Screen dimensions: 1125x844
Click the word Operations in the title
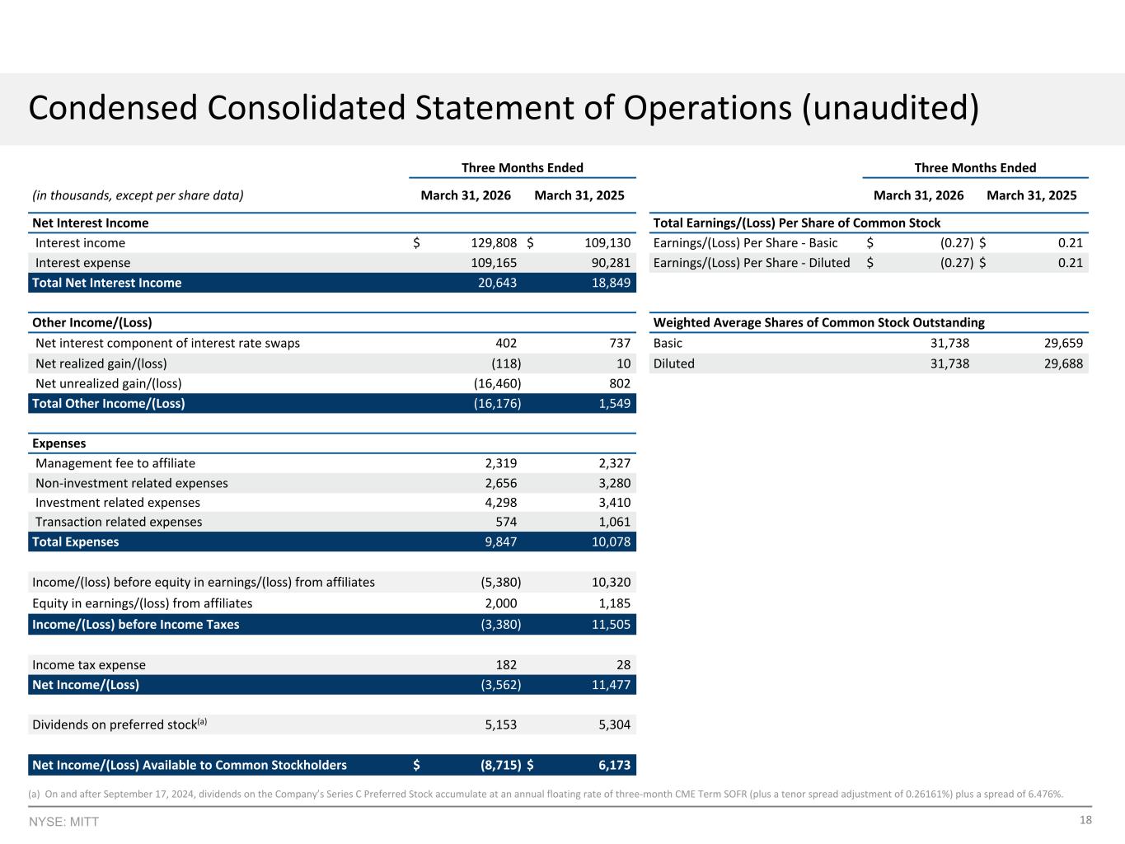707,108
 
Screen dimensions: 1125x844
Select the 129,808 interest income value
494,243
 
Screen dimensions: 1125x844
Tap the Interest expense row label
82,263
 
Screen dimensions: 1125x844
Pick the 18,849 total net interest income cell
611,283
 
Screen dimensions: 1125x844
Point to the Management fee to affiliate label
115,463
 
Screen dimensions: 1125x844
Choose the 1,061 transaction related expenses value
615,523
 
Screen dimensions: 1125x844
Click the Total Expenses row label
75,542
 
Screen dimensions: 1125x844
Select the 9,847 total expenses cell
501,542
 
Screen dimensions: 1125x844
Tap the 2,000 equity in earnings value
501,603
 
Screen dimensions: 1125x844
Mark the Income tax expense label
89,665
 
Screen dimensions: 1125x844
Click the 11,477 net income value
611,685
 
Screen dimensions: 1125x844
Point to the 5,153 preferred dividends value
501,725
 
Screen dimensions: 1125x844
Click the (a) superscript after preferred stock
203,721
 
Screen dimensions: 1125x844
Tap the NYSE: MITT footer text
63,822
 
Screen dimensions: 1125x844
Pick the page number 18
1085,820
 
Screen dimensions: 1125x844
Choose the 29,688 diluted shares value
1063,363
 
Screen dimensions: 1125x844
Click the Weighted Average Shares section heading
818,323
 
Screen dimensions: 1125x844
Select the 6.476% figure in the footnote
1044,795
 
